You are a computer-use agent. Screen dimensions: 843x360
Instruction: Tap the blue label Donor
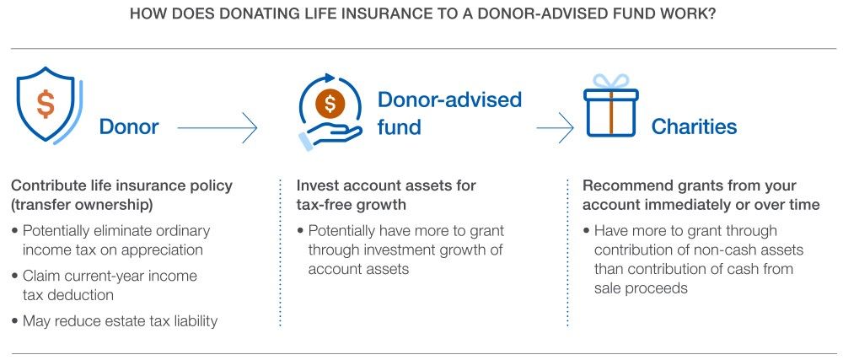(129, 127)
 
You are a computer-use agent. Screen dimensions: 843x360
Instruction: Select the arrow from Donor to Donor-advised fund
(217, 128)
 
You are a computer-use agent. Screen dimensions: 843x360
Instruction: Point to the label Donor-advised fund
(449, 113)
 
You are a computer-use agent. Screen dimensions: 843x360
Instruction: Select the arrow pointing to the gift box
(555, 128)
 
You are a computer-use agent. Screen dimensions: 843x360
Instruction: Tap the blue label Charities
(694, 126)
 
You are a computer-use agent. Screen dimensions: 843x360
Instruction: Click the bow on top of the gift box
(610, 82)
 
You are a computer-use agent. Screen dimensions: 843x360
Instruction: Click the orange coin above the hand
(330, 103)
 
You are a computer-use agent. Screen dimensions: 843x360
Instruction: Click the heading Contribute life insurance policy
(122, 186)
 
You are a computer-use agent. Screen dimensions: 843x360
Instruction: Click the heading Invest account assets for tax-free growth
(386, 195)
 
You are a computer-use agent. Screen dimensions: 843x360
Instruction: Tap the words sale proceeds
(641, 288)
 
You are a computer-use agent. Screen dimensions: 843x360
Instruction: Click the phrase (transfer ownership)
(82, 205)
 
